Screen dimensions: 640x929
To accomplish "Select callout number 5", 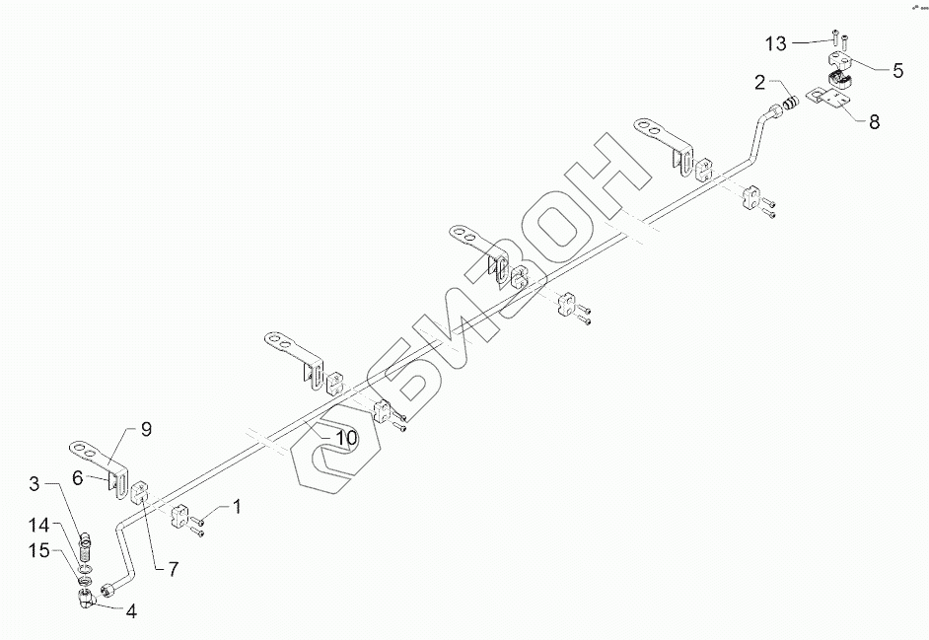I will pos(897,70).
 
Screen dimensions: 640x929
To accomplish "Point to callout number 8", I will pos(873,123).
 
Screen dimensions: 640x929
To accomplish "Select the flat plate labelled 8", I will pos(828,99).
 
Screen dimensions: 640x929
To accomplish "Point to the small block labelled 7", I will pos(138,488).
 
